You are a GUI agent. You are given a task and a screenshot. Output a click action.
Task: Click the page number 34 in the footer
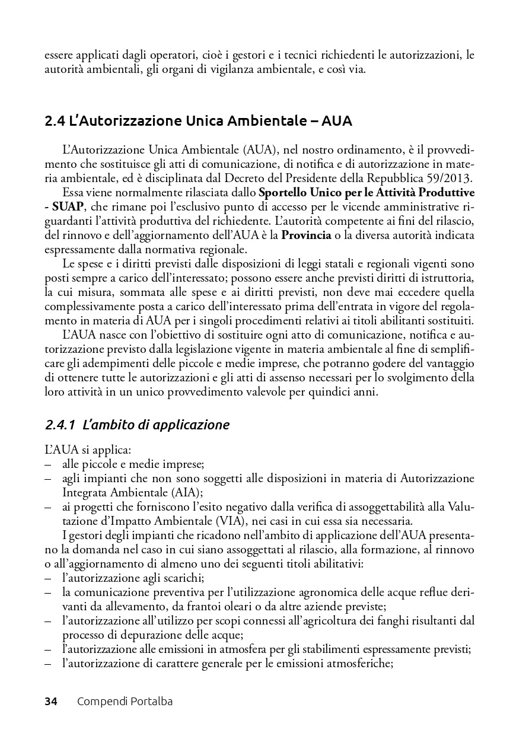(x=51, y=702)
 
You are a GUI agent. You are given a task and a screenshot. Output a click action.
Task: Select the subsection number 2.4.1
(x=60, y=425)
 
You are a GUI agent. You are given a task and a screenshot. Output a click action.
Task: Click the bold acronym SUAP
(x=68, y=206)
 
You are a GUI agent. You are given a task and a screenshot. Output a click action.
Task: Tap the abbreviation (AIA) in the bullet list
(x=184, y=492)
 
